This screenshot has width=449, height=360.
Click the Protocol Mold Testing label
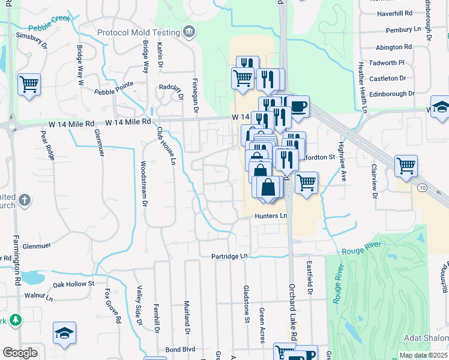tap(139, 32)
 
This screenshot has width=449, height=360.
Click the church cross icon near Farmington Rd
tap(23, 199)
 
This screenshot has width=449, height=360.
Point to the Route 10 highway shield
tap(439, 188)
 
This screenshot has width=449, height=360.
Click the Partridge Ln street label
tap(229, 256)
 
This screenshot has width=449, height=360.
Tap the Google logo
tap(20, 353)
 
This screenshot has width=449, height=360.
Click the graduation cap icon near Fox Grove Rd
tap(64, 334)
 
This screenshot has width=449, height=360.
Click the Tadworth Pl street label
tap(391, 62)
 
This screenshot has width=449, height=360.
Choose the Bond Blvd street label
tap(181, 349)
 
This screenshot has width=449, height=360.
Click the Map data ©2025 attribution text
tap(423, 355)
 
